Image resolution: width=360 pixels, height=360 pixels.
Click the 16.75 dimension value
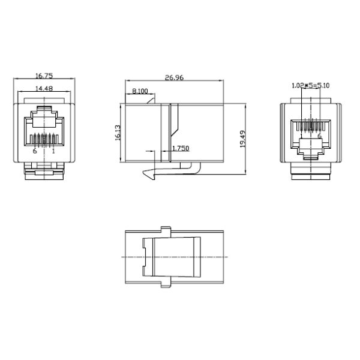pyautogui.click(x=44, y=76)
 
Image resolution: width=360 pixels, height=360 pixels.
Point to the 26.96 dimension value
pyautogui.click(x=174, y=77)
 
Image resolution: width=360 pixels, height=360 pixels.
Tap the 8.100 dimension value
pyautogui.click(x=140, y=91)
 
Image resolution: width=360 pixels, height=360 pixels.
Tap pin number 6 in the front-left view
pyautogui.click(x=35, y=151)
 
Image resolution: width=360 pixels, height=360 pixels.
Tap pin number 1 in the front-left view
pyautogui.click(x=54, y=151)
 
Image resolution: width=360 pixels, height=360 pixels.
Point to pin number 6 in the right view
pyautogui.click(x=320, y=136)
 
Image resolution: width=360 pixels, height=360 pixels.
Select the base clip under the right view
pyautogui.click(x=310, y=175)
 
